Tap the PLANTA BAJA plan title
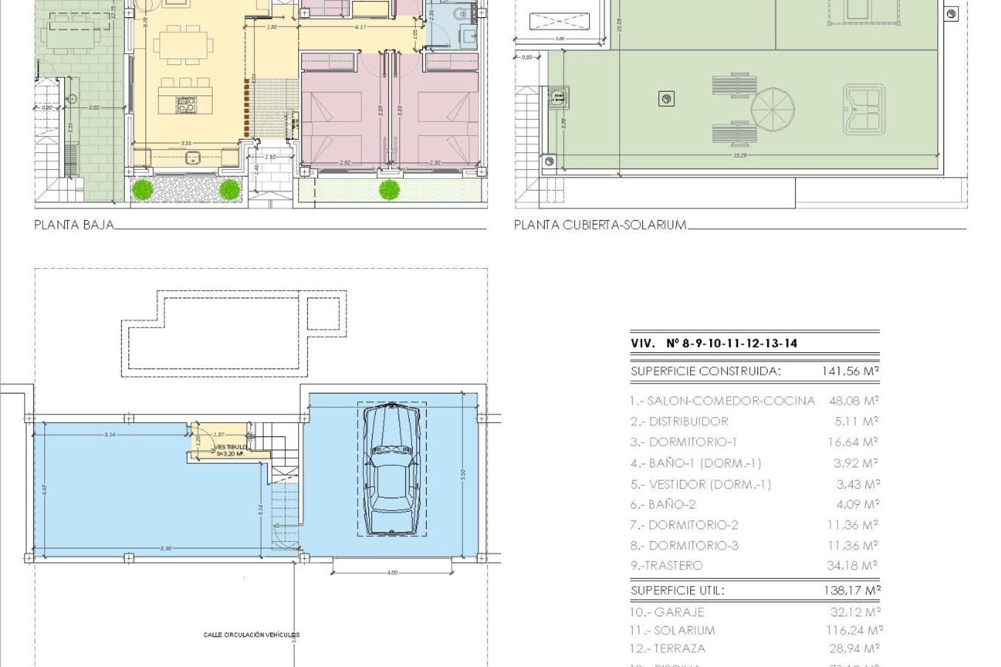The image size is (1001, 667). tap(74, 225)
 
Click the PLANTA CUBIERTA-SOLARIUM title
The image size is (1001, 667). tap(600, 225)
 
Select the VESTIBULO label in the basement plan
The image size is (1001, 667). tap(230, 447)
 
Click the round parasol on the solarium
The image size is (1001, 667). tap(773, 109)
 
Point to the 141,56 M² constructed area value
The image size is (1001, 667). tap(850, 372)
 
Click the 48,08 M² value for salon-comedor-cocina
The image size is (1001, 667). tap(853, 401)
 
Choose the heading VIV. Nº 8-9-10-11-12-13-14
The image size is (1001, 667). tap(714, 343)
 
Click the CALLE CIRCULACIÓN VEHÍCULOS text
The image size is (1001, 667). tap(251, 635)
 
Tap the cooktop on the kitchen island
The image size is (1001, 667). tap(186, 105)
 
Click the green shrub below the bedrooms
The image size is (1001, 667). tap(389, 190)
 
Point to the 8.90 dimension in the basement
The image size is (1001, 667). tap(166, 549)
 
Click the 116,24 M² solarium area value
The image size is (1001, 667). tap(853, 631)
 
